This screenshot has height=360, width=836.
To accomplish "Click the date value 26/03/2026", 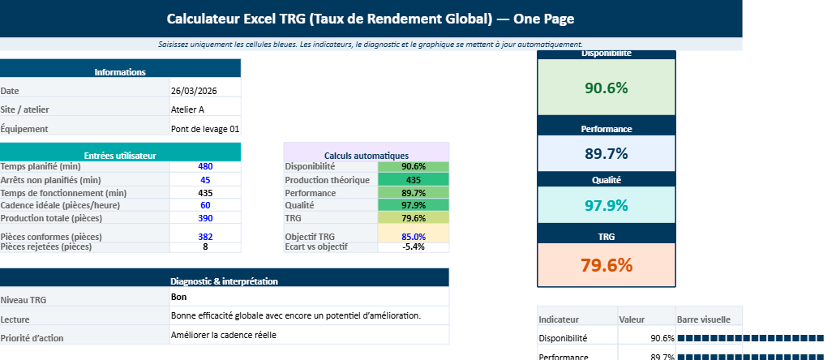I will tap(194, 91).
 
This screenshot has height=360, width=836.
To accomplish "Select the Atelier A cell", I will tap(187, 109).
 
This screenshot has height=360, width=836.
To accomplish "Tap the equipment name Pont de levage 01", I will tap(205, 129).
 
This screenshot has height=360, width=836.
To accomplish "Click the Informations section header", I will tap(120, 72).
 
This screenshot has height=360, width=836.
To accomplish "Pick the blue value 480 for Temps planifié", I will tap(205, 166).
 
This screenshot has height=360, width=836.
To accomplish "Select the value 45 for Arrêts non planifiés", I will tap(205, 180).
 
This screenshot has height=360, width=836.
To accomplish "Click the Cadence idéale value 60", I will tap(205, 205).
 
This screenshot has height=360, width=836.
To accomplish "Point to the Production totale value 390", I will tap(205, 218).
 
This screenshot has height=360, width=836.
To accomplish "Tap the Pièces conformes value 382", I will tap(205, 236).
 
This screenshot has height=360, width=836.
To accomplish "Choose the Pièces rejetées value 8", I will tap(205, 246).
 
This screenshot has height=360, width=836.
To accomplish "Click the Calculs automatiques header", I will tap(366, 155).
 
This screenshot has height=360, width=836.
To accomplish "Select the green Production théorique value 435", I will tap(413, 180).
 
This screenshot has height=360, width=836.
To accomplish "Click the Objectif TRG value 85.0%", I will tap(413, 236).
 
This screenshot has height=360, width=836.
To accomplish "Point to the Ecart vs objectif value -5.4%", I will tap(413, 246).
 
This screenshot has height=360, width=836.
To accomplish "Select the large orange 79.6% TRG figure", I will tap(606, 264).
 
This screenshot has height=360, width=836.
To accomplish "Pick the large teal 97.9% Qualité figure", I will tap(606, 205).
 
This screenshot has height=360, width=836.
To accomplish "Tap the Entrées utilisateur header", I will tap(120, 155).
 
